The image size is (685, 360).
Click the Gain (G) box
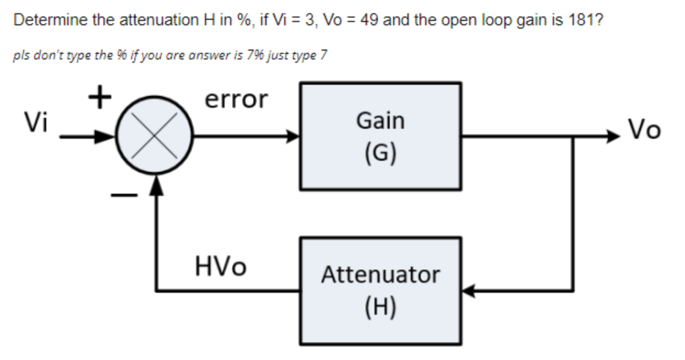(x=380, y=136)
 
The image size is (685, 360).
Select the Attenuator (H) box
(x=380, y=291)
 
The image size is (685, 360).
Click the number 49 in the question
(x=363, y=21)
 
